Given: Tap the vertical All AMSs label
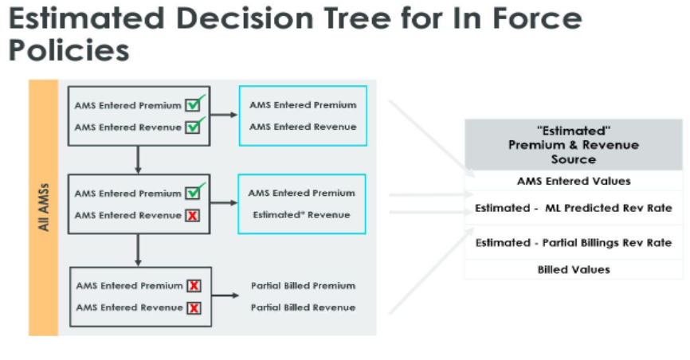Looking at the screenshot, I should (x=43, y=207).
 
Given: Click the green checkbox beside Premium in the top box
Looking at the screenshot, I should (x=194, y=104).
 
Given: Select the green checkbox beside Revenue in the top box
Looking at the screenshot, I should (x=194, y=127).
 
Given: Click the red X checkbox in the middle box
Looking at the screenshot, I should (x=192, y=216).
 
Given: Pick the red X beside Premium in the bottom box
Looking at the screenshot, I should (x=194, y=285).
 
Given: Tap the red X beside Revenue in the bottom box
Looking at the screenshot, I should (x=194, y=307).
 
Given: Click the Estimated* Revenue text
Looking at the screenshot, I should (x=302, y=214).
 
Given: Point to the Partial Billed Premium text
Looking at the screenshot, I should (x=303, y=285).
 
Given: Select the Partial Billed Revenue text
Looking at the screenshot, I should (x=303, y=307).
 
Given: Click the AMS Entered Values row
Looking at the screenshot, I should (x=573, y=181).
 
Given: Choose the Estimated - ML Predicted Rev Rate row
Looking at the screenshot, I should (x=573, y=208).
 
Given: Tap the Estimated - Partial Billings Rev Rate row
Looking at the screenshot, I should (x=573, y=243).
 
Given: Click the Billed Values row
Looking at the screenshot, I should (x=573, y=269).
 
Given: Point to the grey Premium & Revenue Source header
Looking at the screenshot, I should (x=573, y=145).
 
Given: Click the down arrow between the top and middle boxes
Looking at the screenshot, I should (x=139, y=159).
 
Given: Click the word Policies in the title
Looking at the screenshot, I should (x=69, y=50).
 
